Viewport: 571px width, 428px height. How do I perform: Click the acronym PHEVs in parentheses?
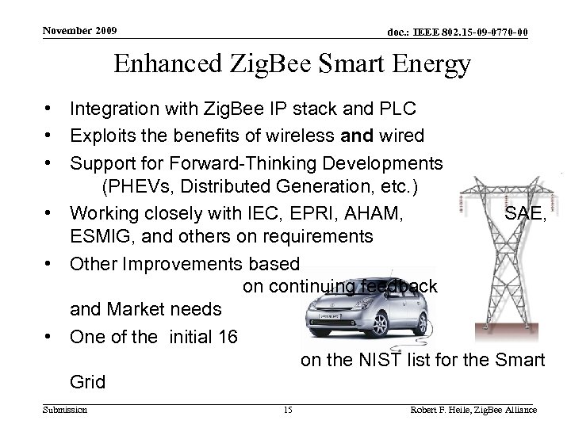(130, 189)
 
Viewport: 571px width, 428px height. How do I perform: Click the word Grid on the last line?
(87, 383)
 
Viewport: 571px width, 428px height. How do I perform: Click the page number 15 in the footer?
(288, 410)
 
